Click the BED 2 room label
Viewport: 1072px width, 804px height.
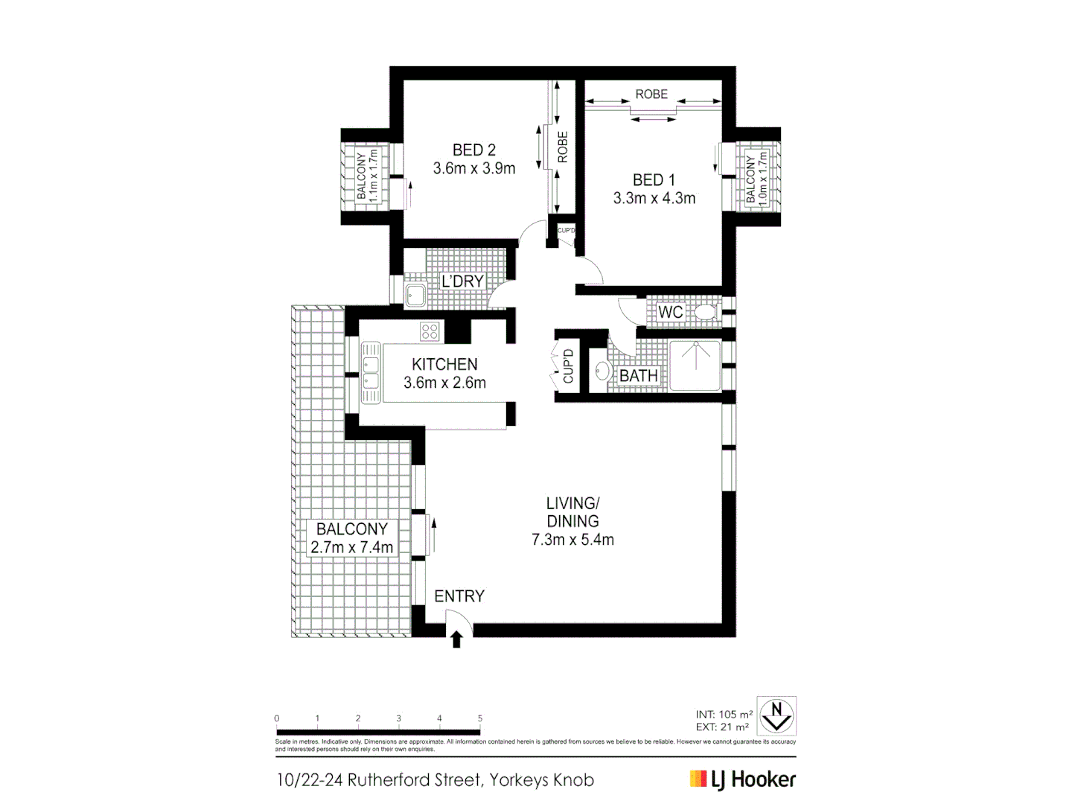[473, 150]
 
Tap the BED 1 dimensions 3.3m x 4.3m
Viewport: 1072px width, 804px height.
[654, 199]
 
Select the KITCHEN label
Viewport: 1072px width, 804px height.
[444, 364]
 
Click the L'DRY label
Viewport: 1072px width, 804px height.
[462, 281]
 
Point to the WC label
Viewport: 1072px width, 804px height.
[670, 313]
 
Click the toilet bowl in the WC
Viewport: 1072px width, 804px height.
[703, 312]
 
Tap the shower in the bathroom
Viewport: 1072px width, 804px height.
[695, 365]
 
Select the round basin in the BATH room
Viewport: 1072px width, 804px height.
[602, 370]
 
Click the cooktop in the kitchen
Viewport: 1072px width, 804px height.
[430, 331]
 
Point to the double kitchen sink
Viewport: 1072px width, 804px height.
[371, 373]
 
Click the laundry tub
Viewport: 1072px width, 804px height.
[415, 296]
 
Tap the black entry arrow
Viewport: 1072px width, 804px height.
[457, 639]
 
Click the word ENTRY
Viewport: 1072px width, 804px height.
[459, 596]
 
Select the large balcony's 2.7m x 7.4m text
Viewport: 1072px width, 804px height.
[351, 547]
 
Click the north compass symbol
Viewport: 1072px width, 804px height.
[776, 715]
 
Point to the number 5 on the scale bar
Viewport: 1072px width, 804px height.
[480, 718]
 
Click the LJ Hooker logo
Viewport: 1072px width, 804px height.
[742, 779]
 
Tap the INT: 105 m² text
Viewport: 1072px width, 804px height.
[724, 714]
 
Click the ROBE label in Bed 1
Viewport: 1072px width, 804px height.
[651, 95]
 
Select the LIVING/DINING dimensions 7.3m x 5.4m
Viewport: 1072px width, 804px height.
[572, 540]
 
